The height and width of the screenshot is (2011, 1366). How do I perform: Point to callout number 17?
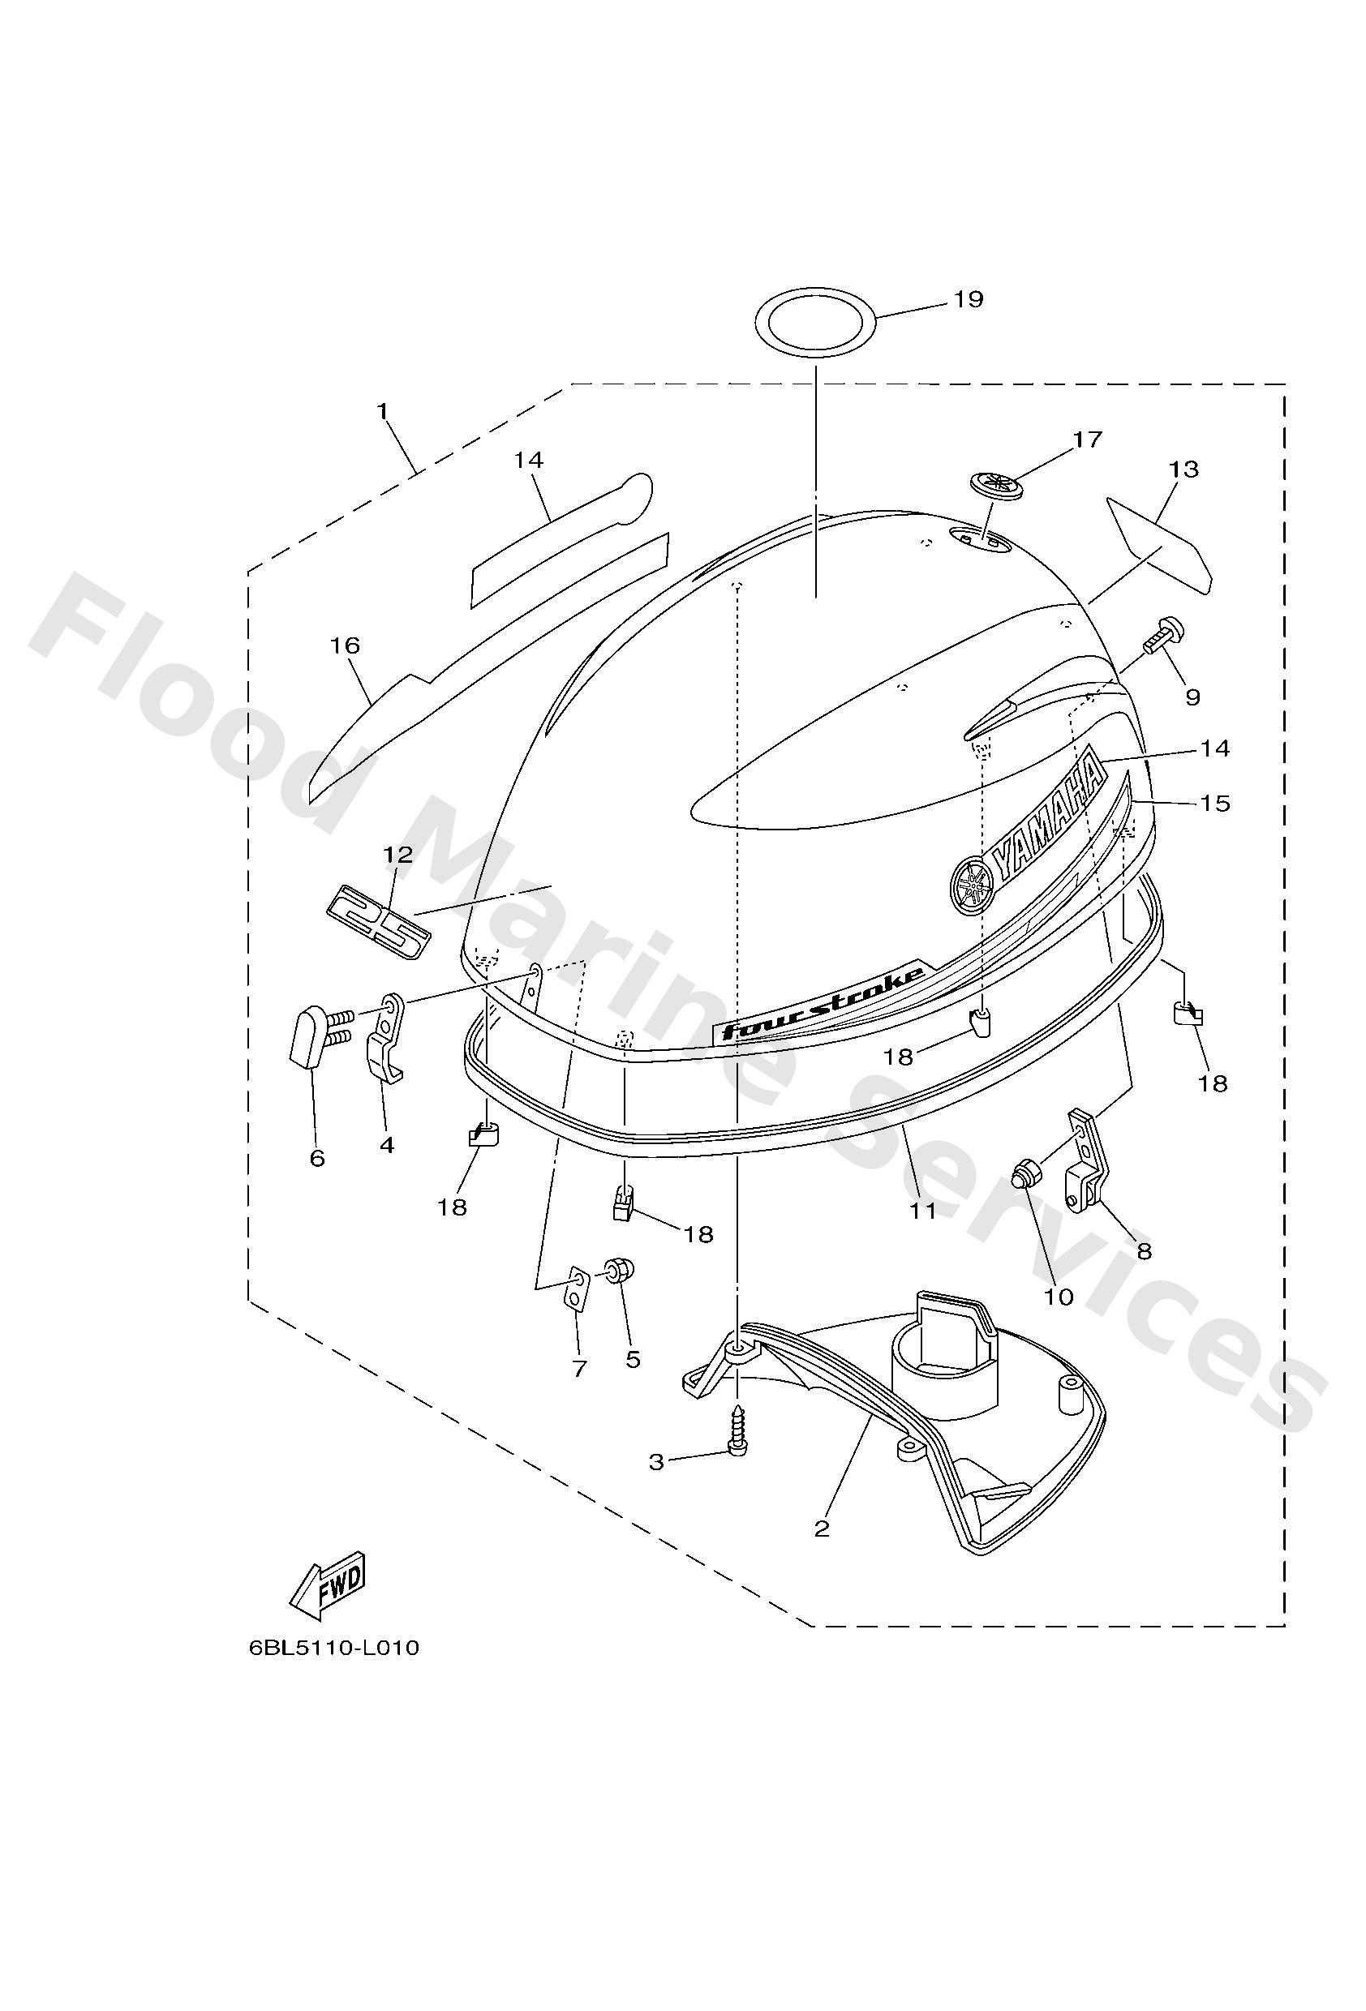(1087, 440)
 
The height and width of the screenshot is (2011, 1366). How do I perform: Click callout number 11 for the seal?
(923, 1211)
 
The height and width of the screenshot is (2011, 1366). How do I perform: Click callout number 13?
(1183, 469)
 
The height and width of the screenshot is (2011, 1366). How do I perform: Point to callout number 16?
(346, 645)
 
